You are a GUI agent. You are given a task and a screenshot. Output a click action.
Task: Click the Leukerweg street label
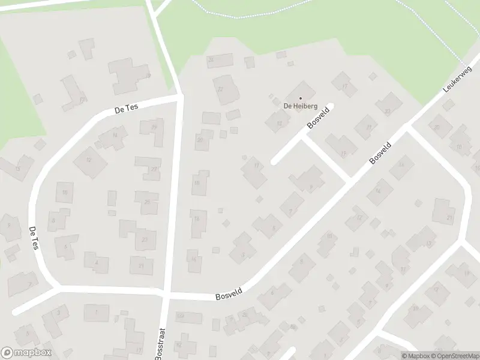click(x=454, y=79)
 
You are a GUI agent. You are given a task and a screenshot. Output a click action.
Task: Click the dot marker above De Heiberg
click(x=300, y=98)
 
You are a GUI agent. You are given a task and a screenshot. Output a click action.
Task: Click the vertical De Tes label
click(x=34, y=238)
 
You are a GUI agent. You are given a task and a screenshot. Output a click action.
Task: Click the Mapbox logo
click(x=26, y=353)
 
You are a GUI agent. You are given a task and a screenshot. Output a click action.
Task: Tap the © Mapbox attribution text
click(x=416, y=356)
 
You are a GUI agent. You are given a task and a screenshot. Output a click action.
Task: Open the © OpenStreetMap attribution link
click(x=455, y=356)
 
